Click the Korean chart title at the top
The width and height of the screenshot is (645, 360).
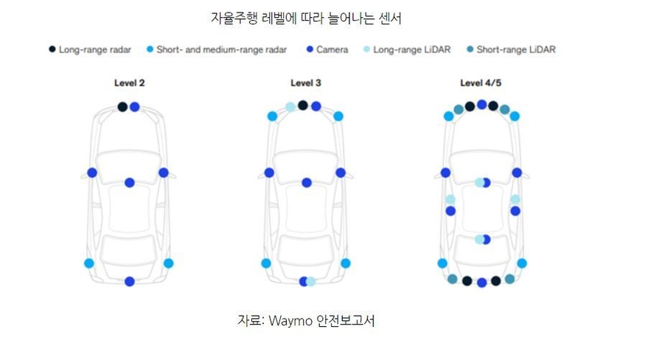tap(306, 17)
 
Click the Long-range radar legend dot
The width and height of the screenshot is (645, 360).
tap(52, 49)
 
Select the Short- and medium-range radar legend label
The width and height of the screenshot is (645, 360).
tap(221, 49)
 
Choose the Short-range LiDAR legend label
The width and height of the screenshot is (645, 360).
tap(515, 49)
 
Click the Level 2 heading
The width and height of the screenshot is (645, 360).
tap(129, 83)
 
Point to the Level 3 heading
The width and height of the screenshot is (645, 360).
tap(306, 83)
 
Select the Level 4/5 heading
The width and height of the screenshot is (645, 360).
tap(481, 83)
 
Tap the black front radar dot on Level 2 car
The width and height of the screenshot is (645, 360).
tap(123, 107)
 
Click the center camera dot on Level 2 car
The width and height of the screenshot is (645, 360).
tap(130, 182)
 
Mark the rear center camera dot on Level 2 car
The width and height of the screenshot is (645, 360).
tap(130, 281)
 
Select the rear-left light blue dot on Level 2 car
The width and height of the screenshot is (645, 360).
tap(89, 263)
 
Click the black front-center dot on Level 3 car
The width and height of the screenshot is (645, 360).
tap(303, 105)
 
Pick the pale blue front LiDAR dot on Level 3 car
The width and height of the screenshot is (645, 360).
tap(291, 108)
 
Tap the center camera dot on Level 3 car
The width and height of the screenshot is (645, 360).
tap(307, 182)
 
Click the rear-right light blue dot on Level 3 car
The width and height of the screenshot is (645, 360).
tap(345, 263)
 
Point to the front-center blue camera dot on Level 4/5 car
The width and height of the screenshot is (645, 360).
tap(481, 105)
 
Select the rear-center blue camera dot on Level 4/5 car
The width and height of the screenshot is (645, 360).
tap(481, 283)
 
